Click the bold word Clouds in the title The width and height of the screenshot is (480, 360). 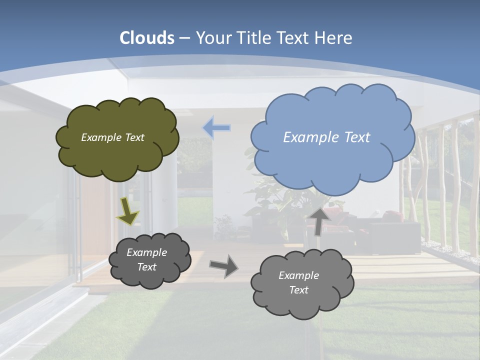click(147, 38)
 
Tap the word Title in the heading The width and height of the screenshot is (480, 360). click(253, 38)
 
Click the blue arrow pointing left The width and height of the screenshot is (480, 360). click(216, 128)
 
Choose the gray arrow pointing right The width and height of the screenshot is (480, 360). click(223, 265)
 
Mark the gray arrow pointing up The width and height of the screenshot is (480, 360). click(319, 220)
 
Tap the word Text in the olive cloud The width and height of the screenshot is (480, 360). click(134, 137)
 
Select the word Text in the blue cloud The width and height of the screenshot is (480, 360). click(356, 137)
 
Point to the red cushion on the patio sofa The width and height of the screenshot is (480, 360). click(390, 216)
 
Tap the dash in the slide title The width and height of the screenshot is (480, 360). click(184, 38)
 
